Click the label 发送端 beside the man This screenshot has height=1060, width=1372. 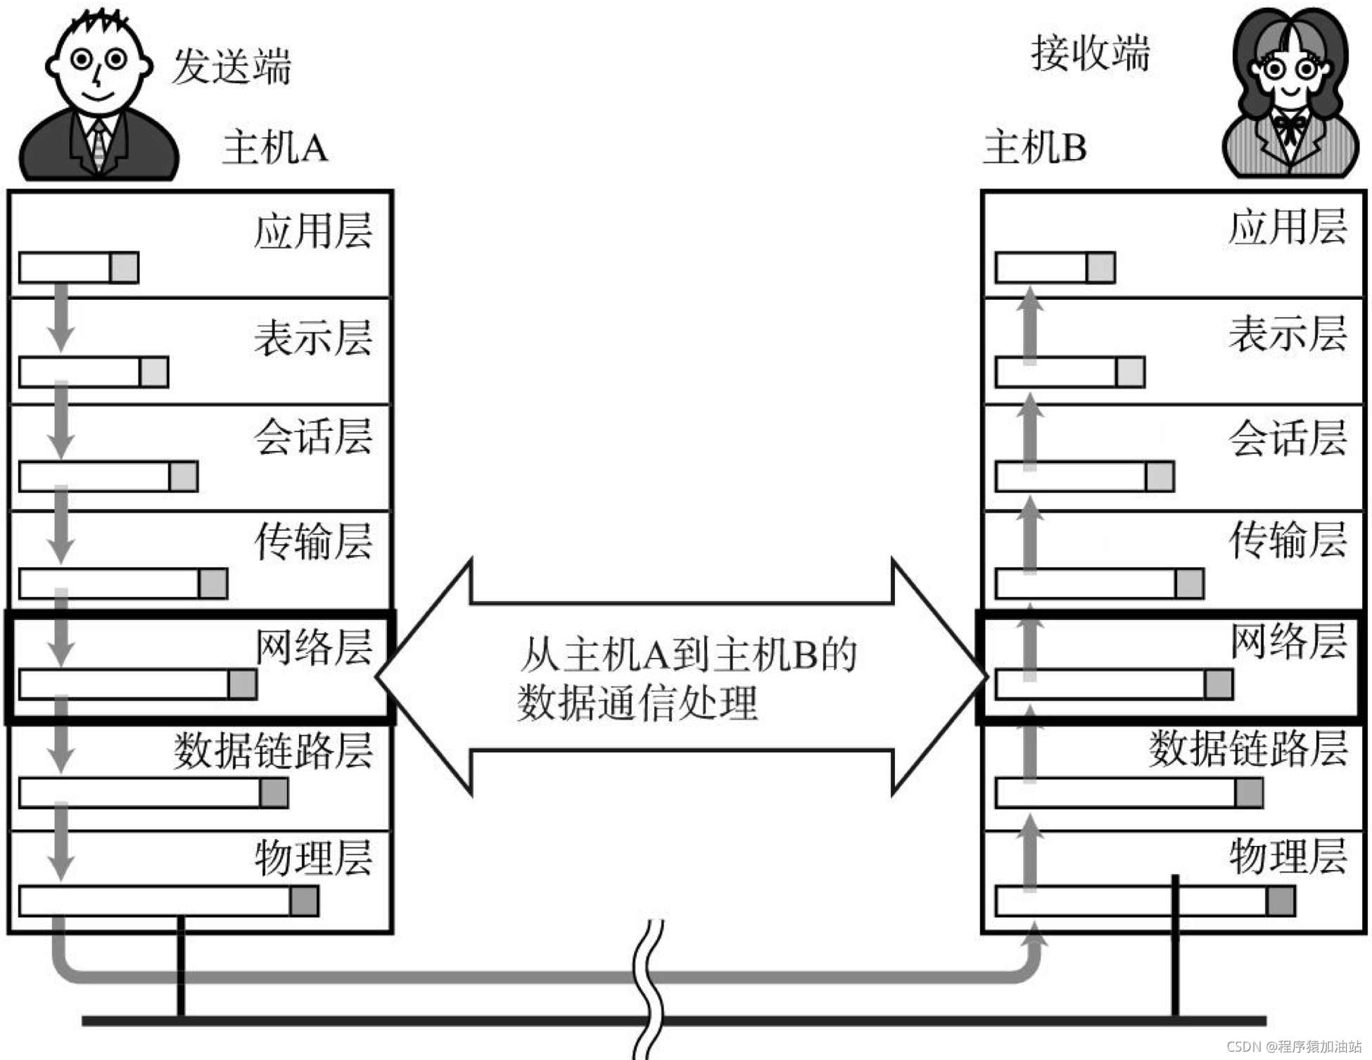pyautogui.click(x=231, y=67)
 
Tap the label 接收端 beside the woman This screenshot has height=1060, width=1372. pyautogui.click(x=1090, y=53)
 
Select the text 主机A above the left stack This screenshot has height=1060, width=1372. pyautogui.click(x=275, y=148)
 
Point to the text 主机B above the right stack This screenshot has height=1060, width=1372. pyautogui.click(x=1034, y=148)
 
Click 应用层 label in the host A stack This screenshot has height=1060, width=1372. pyautogui.click(x=313, y=230)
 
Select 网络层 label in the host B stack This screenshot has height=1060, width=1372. pyautogui.click(x=1288, y=641)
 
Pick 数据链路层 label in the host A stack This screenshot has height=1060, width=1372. pyautogui.click(x=273, y=750)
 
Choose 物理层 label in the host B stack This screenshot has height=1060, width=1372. pyautogui.click(x=1288, y=857)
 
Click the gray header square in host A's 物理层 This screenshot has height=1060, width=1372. pyautogui.click(x=304, y=902)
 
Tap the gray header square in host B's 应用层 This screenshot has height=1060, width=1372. pyautogui.click(x=1100, y=268)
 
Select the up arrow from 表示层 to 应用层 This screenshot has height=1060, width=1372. pyautogui.click(x=1030, y=324)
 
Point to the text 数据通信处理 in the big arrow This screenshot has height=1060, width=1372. pyautogui.click(x=637, y=702)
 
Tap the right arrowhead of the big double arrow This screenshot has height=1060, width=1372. pyautogui.click(x=939, y=676)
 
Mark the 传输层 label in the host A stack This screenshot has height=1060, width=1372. pyautogui.click(x=313, y=541)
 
